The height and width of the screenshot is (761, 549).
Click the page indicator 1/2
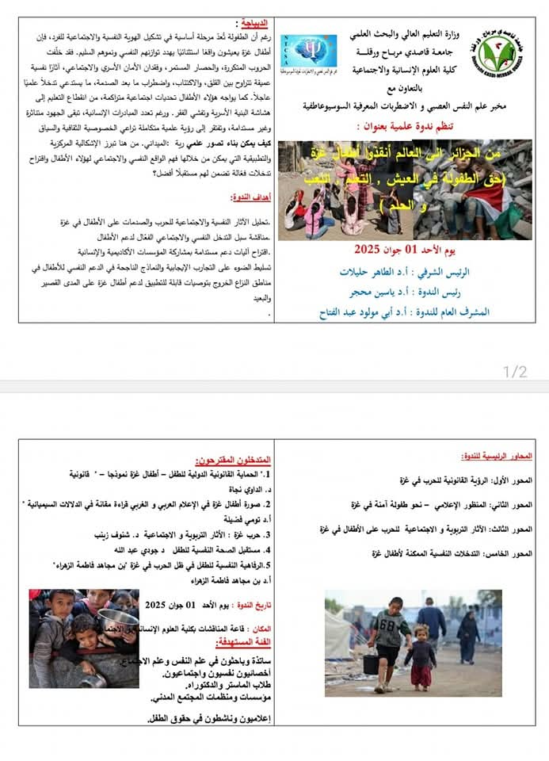click(x=515, y=371)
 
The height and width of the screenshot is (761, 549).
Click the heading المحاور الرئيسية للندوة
click(x=496, y=457)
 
